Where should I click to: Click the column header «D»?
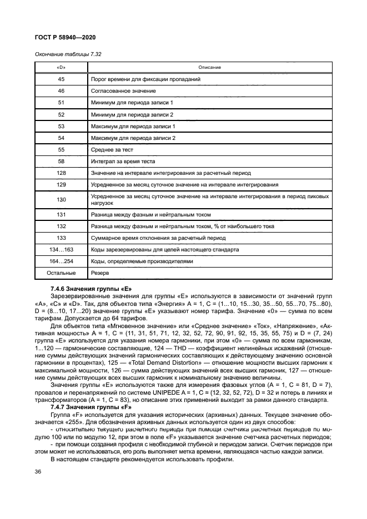coord(62,67)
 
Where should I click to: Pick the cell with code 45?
coord(62,79)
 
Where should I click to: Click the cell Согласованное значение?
coord(123,90)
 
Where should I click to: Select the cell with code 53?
coord(62,126)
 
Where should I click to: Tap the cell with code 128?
coord(62,173)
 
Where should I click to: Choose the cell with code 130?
coord(62,199)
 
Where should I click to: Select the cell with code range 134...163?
coord(62,250)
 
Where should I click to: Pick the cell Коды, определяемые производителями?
coord(137,261)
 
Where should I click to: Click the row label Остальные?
coord(62,273)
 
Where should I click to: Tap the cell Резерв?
coord(100,273)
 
